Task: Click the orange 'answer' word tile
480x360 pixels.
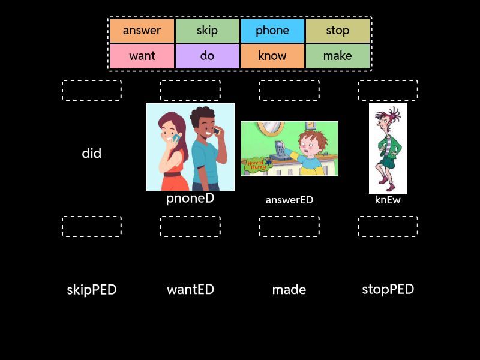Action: pyautogui.click(x=142, y=31)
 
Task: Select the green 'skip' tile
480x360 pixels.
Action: pyautogui.click(x=207, y=31)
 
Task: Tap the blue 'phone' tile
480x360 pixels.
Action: pyautogui.click(x=272, y=31)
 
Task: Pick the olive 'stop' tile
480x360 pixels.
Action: pyautogui.click(x=338, y=31)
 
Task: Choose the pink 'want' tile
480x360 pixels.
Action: pyautogui.click(x=142, y=56)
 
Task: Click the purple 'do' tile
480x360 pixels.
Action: pyautogui.click(x=207, y=56)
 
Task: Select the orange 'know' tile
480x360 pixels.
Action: pyautogui.click(x=272, y=56)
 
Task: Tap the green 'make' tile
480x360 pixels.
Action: pyautogui.click(x=338, y=56)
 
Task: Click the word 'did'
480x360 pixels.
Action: pyautogui.click(x=92, y=154)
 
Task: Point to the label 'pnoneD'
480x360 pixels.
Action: pyautogui.click(x=190, y=199)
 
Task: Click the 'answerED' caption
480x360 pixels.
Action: pyautogui.click(x=289, y=200)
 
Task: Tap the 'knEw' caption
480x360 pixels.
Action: pyautogui.click(x=388, y=200)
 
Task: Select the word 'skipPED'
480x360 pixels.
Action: pyautogui.click(x=92, y=290)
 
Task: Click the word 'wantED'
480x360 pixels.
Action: pyautogui.click(x=190, y=290)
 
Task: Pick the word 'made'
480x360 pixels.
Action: pyautogui.click(x=289, y=290)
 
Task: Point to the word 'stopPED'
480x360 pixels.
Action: pyautogui.click(x=388, y=290)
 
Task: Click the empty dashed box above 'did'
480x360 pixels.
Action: pyautogui.click(x=92, y=90)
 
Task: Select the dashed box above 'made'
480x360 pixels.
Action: pyautogui.click(x=289, y=226)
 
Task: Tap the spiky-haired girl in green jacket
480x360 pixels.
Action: pyautogui.click(x=388, y=148)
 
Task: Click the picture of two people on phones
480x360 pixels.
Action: pyautogui.click(x=190, y=147)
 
